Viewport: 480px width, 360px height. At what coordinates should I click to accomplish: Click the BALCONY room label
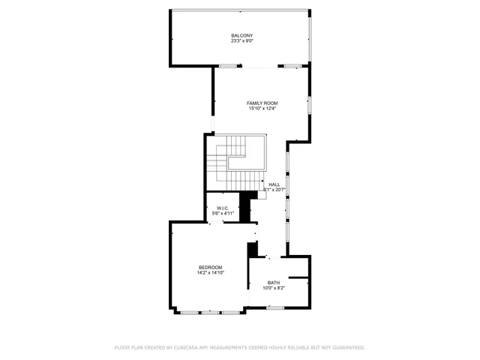pyautogui.click(x=241, y=35)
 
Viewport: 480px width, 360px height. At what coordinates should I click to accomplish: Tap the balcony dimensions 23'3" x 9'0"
pyautogui.click(x=241, y=41)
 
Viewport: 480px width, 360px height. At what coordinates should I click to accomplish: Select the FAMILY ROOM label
pyautogui.click(x=262, y=103)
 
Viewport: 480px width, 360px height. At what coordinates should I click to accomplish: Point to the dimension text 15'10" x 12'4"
pyautogui.click(x=262, y=109)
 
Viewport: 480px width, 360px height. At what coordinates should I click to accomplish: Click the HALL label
pyautogui.click(x=274, y=184)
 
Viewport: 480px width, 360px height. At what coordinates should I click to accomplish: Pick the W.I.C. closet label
pyautogui.click(x=223, y=208)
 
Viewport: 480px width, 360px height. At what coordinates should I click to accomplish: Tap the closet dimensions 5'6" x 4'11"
pyautogui.click(x=223, y=214)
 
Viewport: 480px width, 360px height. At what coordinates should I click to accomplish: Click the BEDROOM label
pyautogui.click(x=210, y=268)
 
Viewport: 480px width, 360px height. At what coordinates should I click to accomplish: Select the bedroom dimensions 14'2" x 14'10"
pyautogui.click(x=210, y=273)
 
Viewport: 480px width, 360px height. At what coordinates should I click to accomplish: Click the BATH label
pyautogui.click(x=273, y=283)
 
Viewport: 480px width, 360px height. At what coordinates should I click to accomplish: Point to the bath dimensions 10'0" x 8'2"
pyautogui.click(x=273, y=288)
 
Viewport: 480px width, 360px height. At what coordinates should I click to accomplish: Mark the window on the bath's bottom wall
pyautogui.click(x=275, y=308)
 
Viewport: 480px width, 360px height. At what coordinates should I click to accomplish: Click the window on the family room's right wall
pyautogui.click(x=309, y=104)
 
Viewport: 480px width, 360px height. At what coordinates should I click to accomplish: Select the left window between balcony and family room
pyautogui.click(x=229, y=67)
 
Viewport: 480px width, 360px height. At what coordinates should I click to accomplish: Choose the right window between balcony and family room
pyautogui.click(x=292, y=67)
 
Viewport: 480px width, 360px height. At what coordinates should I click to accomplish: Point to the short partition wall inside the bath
pyautogui.click(x=298, y=279)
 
